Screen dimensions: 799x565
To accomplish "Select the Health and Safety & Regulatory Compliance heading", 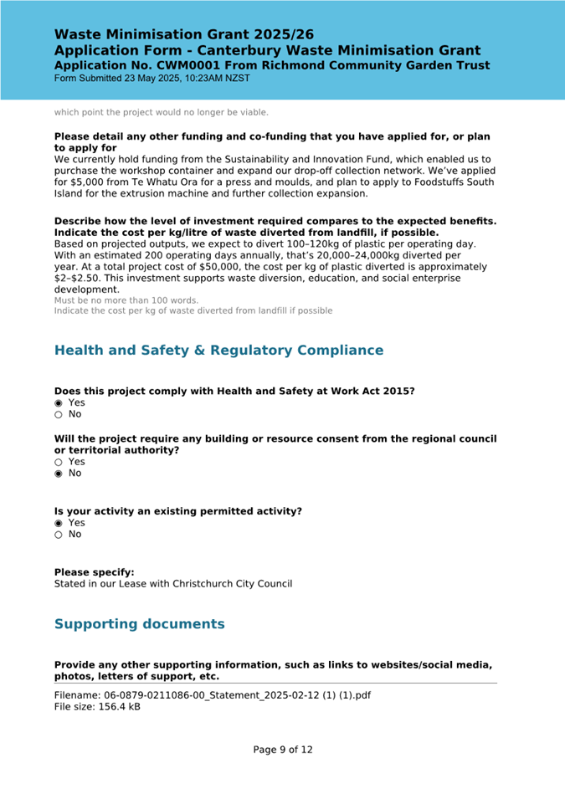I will point(218,350).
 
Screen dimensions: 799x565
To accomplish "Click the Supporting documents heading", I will point(139,624).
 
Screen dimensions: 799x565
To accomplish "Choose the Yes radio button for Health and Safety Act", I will point(59,402).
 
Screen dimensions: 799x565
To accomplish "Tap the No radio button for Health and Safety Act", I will point(59,414).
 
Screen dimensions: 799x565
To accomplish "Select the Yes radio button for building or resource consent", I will point(59,462).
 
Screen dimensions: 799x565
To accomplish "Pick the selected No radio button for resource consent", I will point(59,474).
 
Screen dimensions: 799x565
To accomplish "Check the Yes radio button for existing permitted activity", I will point(59,522).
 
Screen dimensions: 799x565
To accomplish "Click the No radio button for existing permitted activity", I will point(59,534).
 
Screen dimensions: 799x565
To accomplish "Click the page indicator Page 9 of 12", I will point(283,750).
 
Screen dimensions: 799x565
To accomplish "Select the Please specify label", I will point(94,572).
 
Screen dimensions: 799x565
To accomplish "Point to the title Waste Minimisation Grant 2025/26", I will point(184,34).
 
